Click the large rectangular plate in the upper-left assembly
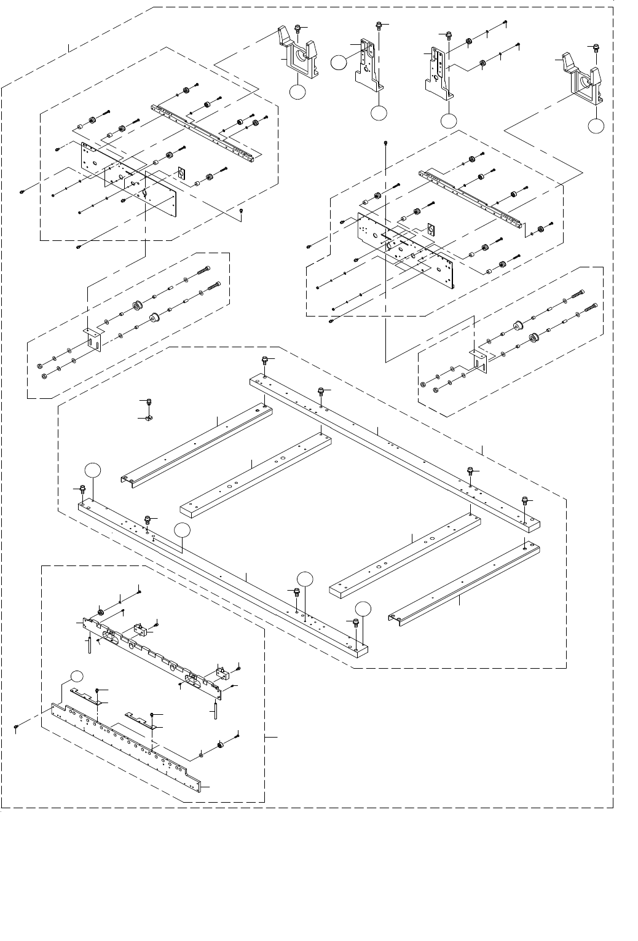point(129,178)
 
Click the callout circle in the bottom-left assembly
point(76,676)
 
